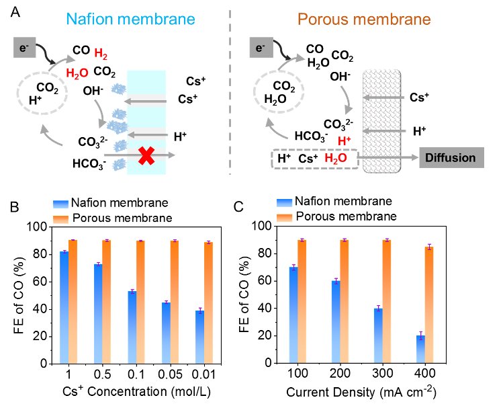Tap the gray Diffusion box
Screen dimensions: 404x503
tap(449, 158)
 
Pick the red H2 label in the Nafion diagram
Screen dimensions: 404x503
tap(101, 54)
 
